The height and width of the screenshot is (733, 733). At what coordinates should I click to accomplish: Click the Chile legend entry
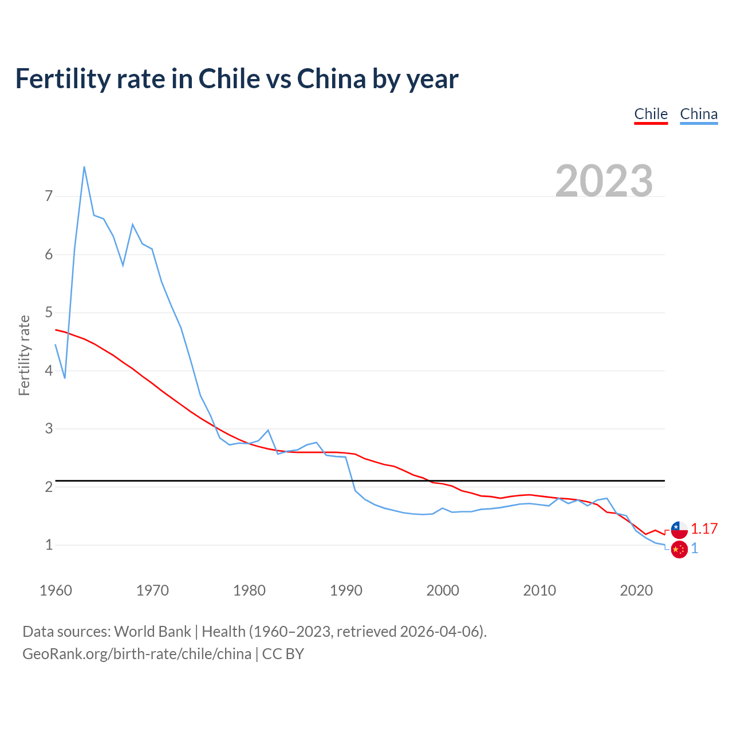point(651,114)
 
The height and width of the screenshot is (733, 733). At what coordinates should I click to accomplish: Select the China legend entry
point(699,114)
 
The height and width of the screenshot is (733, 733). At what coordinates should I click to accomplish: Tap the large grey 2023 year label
point(604,181)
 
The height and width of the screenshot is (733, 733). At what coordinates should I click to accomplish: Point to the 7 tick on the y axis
point(49,196)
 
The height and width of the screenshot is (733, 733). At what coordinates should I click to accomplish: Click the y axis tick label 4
point(49,371)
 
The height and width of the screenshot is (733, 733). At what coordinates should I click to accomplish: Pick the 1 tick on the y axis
point(49,545)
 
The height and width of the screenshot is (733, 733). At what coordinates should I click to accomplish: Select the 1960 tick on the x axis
point(56,590)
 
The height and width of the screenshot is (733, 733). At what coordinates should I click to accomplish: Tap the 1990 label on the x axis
point(346,590)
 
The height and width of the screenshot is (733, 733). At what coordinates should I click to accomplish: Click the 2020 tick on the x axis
point(636,590)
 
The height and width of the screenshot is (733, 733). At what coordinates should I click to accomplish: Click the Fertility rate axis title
point(24,355)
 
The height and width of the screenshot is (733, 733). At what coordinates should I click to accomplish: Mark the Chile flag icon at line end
point(679,530)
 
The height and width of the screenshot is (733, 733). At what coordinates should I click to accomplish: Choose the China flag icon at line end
point(679,549)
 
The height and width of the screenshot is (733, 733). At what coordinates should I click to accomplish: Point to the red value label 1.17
point(704,529)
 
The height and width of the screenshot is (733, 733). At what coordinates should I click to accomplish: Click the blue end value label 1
point(695,549)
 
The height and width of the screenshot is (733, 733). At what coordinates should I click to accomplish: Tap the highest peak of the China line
point(84,167)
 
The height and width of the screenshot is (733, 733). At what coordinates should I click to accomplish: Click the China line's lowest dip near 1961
point(65,378)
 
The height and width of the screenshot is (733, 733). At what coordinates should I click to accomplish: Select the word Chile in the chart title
point(228,78)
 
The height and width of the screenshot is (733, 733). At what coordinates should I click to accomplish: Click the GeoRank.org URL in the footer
point(137,654)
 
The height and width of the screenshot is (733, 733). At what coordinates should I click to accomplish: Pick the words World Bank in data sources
point(152,632)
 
